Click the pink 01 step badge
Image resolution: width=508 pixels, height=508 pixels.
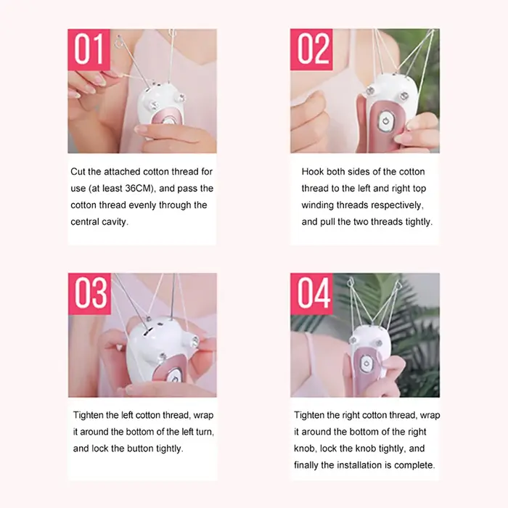point(89,49)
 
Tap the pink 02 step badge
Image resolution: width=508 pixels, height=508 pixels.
point(311,49)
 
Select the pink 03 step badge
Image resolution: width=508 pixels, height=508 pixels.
point(89,293)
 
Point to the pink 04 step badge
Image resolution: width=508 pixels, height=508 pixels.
point(311,293)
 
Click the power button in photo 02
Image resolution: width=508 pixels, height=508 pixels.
point(385,121)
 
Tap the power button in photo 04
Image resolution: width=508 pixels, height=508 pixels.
point(366,363)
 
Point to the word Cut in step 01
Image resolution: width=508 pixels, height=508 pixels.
point(78,171)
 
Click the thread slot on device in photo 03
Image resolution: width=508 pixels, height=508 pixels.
point(148,332)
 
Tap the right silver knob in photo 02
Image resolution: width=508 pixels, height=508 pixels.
point(404,96)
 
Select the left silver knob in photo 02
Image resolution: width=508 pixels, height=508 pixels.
point(369,91)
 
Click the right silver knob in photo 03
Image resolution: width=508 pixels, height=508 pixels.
point(195,340)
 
